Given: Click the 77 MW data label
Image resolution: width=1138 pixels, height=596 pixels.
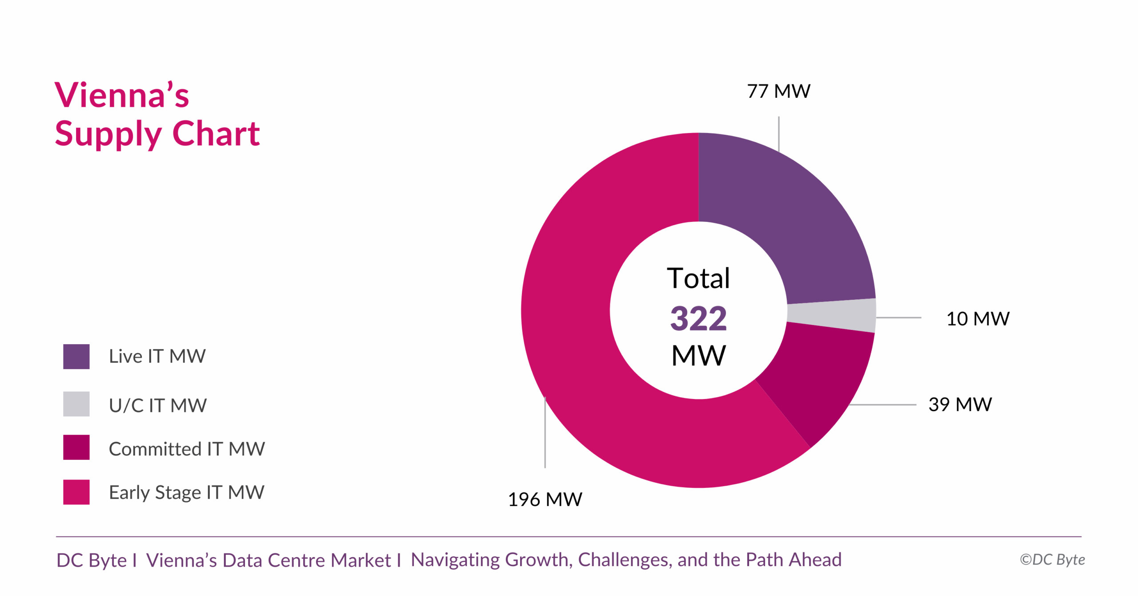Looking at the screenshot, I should tap(778, 91).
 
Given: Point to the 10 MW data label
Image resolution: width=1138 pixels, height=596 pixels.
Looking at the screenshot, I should tap(978, 319).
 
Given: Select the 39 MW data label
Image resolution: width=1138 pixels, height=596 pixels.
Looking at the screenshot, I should tap(960, 405).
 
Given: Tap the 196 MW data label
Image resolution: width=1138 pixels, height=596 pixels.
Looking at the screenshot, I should tap(545, 499).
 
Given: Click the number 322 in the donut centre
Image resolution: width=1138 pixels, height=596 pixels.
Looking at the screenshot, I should tap(698, 318).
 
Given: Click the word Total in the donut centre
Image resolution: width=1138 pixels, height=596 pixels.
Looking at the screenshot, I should tap(698, 278).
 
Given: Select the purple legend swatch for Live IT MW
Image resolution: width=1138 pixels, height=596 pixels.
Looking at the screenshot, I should tap(76, 356).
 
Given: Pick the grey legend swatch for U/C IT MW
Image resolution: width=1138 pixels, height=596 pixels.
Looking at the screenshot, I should tap(76, 404).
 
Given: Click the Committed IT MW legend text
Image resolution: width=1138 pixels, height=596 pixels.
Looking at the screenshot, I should tap(187, 449).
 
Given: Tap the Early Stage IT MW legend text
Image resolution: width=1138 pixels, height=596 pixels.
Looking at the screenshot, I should tap(186, 492).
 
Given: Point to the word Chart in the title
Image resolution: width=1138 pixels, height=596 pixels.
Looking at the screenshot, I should tap(216, 133).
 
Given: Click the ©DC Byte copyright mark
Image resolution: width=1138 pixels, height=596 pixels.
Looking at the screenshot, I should tap(1052, 560).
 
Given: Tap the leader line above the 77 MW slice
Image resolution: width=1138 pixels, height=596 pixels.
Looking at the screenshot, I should tap(778, 133).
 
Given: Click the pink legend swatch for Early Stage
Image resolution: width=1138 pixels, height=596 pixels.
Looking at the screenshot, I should tap(76, 492).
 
